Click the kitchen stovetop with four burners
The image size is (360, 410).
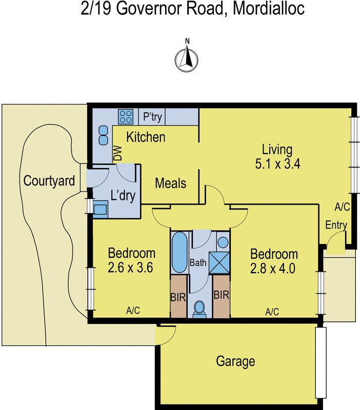(126, 117)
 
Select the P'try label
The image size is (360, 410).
(152, 117)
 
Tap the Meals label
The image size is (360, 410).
(170, 183)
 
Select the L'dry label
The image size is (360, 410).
(122, 195)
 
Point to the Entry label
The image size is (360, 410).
(336, 225)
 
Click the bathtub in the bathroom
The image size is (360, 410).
(179, 253)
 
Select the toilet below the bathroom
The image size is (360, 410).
(199, 307)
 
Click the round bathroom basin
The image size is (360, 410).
(223, 242)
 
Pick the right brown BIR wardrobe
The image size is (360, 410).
(221, 296)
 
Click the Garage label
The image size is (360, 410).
(235, 361)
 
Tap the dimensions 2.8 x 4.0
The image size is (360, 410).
(273, 269)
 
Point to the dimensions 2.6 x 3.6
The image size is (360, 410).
(131, 267)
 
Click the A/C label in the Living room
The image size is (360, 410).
(342, 208)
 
